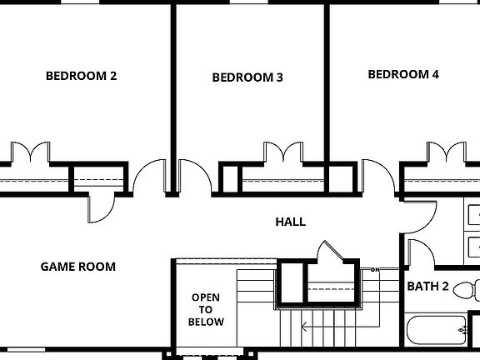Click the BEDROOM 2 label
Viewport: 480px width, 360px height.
coord(81,76)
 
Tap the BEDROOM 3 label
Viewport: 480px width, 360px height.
coord(247,77)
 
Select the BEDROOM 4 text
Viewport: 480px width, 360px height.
coord(403,74)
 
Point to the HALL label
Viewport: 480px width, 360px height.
coord(290,222)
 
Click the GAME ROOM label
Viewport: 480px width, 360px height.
coord(78,267)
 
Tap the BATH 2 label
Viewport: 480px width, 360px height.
coord(427,287)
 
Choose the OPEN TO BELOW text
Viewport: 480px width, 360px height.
coord(206,309)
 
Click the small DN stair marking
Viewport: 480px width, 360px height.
coord(375,270)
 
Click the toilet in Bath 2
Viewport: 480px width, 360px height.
coord(471,291)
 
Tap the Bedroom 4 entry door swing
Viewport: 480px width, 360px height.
coord(377,177)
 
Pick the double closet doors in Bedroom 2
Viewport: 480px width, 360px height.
coord(31,153)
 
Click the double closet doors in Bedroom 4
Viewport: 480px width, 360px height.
coord(446,153)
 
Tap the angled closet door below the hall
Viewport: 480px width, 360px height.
coord(337,252)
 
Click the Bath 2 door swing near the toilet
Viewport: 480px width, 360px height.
coord(419,251)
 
